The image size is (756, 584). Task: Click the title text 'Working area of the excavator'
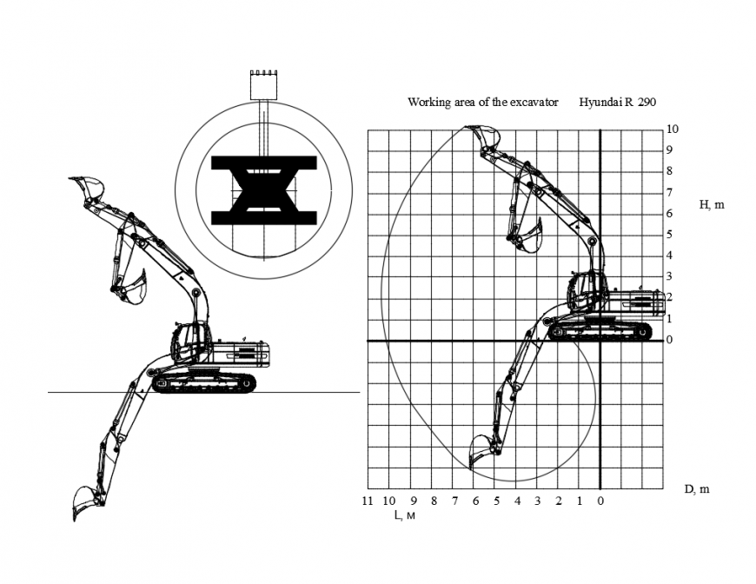coord(482,103)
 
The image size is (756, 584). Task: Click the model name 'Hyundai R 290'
coord(617,103)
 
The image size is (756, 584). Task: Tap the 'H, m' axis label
coord(712,205)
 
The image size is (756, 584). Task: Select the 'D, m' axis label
coord(696,489)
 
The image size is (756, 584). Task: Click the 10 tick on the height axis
coord(672,129)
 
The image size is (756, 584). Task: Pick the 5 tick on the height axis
coord(670,235)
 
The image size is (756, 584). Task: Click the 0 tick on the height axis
coord(670,340)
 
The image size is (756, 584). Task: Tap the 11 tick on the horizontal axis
coord(368,501)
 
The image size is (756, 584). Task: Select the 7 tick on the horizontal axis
coord(454,501)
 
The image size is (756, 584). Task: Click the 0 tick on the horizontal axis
coord(600,501)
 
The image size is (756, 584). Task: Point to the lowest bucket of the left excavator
coord(84,501)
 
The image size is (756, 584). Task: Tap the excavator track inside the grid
coord(601,330)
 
